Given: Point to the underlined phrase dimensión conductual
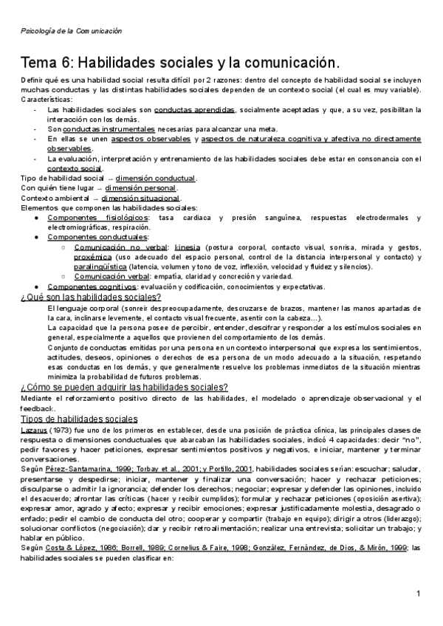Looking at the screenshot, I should pyautogui.click(x=155, y=179).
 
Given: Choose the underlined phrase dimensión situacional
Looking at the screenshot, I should pyautogui.click(x=140, y=199).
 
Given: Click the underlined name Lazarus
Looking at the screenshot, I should pyautogui.click(x=34, y=430).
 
